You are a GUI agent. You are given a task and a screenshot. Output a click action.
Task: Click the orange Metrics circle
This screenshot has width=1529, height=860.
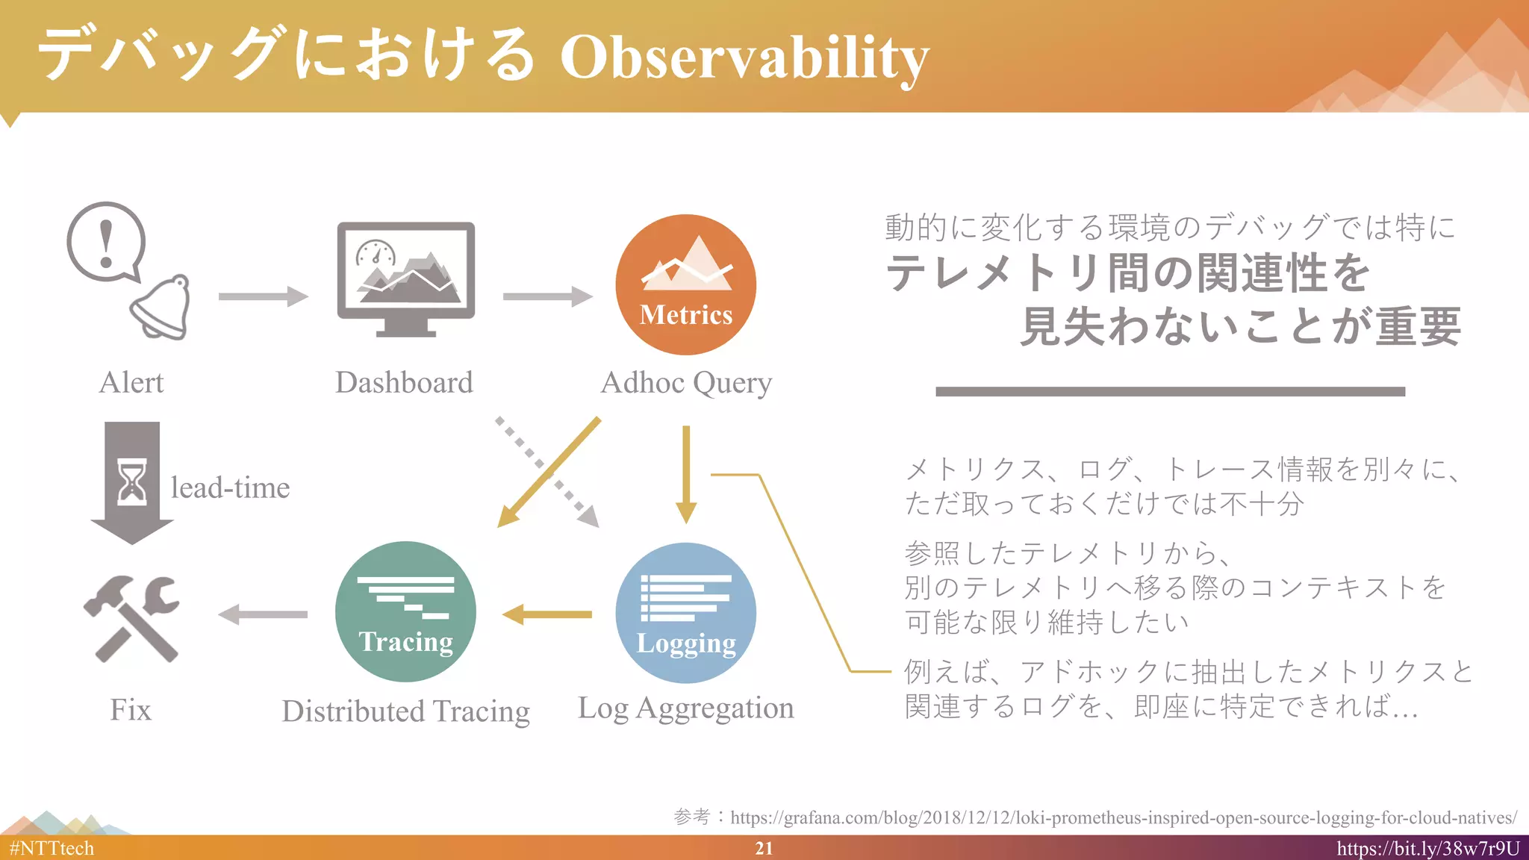(x=685, y=284)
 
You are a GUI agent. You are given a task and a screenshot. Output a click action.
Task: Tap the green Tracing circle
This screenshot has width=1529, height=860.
(x=405, y=611)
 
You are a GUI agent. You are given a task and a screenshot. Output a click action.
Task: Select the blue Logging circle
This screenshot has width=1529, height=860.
(x=685, y=613)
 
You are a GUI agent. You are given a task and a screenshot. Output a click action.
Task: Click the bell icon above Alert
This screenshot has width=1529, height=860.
(x=162, y=307)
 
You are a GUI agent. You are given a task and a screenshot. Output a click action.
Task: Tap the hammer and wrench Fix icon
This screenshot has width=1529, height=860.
(x=132, y=618)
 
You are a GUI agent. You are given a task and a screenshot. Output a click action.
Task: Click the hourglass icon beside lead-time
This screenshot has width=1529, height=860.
(x=132, y=482)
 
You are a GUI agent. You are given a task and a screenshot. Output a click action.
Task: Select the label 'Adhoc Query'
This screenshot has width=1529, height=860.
(x=686, y=383)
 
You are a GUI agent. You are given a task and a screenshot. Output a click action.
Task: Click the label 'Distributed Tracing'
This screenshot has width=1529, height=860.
(x=405, y=711)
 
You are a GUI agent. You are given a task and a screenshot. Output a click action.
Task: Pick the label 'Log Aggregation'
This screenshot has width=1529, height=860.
(x=685, y=708)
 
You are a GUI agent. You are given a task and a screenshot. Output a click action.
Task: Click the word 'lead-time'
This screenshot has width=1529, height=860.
(x=230, y=487)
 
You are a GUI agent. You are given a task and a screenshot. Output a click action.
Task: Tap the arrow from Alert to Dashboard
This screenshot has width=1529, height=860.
(x=263, y=296)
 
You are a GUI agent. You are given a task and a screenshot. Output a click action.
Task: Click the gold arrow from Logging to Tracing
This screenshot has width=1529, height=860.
(x=547, y=614)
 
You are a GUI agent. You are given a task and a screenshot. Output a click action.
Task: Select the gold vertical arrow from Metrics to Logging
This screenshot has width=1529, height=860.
(x=685, y=474)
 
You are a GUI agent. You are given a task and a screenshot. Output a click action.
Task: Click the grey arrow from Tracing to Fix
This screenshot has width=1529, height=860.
(x=263, y=614)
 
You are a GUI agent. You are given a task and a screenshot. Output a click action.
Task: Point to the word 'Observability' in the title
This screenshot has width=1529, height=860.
(x=744, y=57)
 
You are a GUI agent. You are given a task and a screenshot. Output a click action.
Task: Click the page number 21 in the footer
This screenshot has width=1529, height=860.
(x=764, y=848)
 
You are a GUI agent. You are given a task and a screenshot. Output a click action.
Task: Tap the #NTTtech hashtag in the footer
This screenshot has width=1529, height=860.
(x=52, y=848)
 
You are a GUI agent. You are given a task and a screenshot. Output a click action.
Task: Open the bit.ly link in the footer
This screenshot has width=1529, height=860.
(x=1427, y=848)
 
